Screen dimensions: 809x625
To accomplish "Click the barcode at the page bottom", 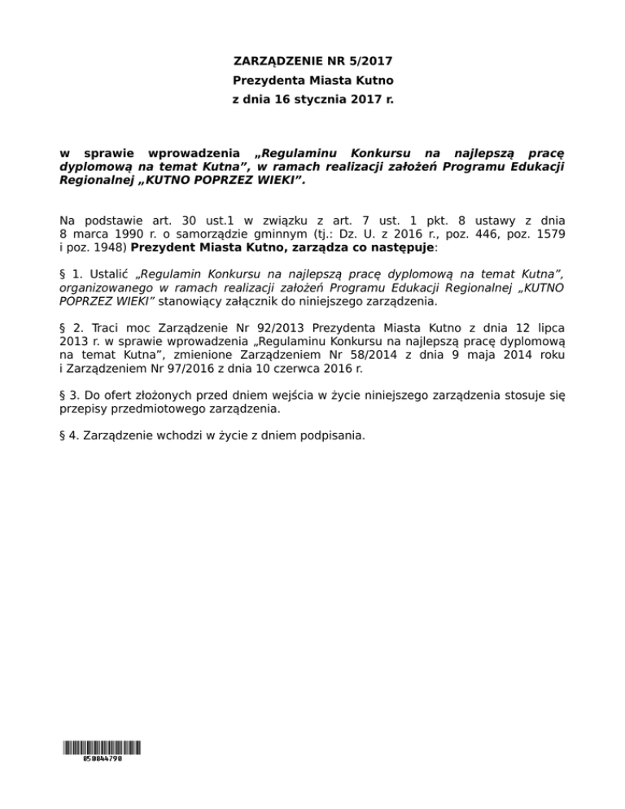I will tap(101, 748).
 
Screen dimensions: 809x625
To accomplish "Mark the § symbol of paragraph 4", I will tap(64, 435).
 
